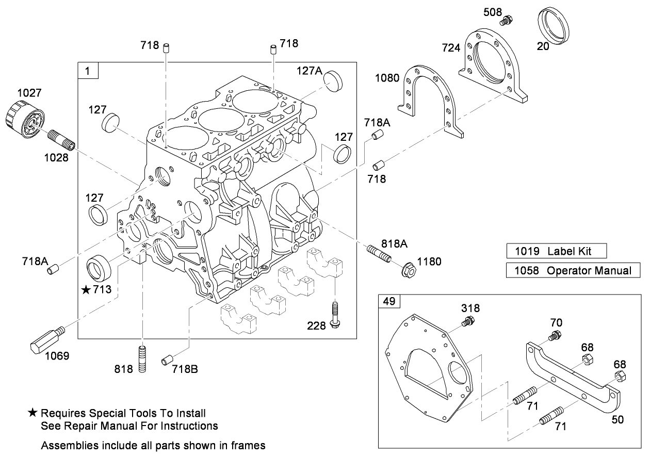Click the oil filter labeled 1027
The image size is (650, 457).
pyautogui.click(x=24, y=118)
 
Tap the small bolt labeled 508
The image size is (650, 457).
pyautogui.click(x=506, y=21)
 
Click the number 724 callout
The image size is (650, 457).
pyautogui.click(x=451, y=48)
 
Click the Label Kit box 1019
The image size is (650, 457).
pyautogui.click(x=556, y=251)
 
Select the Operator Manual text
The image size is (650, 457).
pyautogui.click(x=589, y=270)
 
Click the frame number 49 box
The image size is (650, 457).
pyautogui.click(x=388, y=301)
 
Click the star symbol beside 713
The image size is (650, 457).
pyautogui.click(x=86, y=290)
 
